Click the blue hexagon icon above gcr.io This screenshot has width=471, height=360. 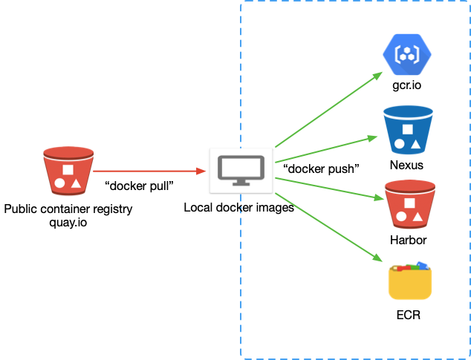pos(407,53)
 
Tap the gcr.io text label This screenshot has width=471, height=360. pos(407,86)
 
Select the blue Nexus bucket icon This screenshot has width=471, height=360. pos(408,129)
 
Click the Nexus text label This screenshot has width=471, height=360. pos(408,164)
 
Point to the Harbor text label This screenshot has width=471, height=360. pos(409,240)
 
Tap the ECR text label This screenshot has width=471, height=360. pos(409,315)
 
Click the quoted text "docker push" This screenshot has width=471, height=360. pos(321,168)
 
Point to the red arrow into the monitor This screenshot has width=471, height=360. pos(149,171)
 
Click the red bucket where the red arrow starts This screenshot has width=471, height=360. pos(68,171)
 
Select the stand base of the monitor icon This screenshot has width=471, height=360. pos(241,183)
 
